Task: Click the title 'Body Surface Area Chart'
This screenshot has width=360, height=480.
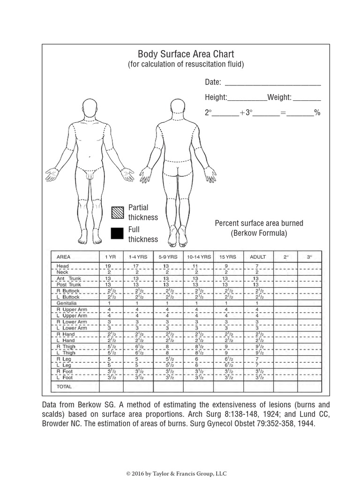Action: pos(186,54)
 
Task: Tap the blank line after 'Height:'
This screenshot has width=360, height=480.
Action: pos(247,98)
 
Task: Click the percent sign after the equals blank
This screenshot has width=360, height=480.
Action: pos(317,112)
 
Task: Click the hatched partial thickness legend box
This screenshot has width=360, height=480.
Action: pos(117,212)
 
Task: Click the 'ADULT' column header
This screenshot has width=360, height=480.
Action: pos(258,257)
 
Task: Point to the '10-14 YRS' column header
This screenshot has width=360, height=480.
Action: pos(199,257)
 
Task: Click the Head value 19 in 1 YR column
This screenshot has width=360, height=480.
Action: pos(108,266)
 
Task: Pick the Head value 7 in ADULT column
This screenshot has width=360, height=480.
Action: pos(257,266)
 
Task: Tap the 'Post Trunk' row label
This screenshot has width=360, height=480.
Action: pos(68,285)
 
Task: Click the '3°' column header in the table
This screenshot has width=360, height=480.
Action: pos(309,257)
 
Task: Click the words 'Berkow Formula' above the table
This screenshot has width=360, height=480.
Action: pos(259,233)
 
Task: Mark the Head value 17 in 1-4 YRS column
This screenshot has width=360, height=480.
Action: pos(136,266)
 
